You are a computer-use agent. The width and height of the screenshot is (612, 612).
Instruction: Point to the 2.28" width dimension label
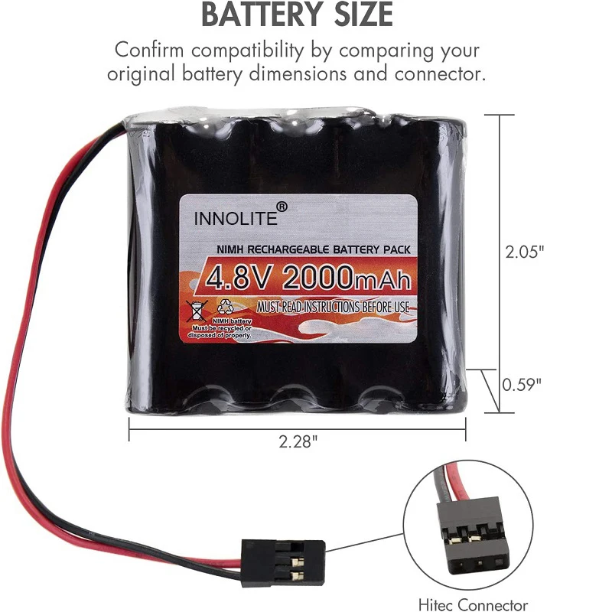pos(298,441)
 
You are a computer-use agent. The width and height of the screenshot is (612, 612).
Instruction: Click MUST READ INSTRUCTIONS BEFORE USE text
pos(333,307)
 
